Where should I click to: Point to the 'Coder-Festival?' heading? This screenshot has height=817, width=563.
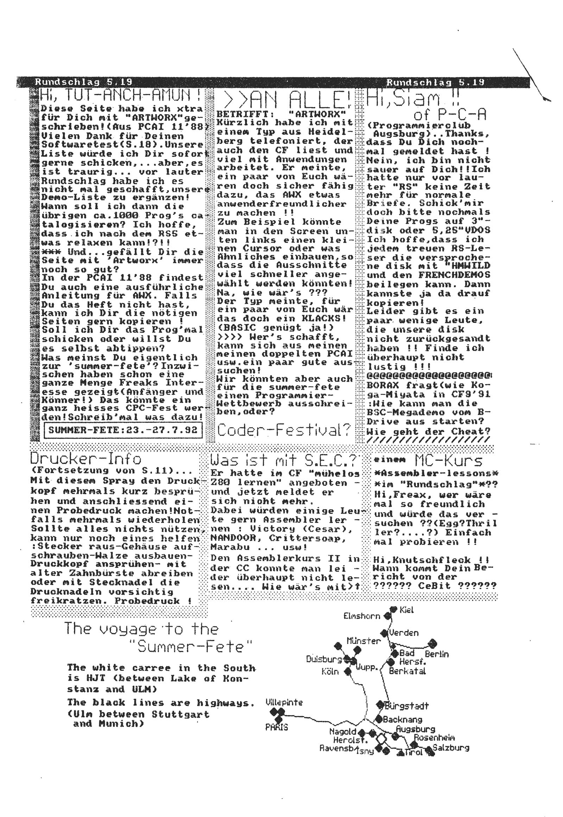284,430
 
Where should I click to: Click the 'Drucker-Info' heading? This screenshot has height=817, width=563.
86,459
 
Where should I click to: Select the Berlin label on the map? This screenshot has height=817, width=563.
437,655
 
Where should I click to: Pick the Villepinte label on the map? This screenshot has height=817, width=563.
284,702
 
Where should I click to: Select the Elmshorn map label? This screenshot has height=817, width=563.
362,616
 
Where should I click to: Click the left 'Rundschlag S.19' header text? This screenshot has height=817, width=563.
84,82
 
